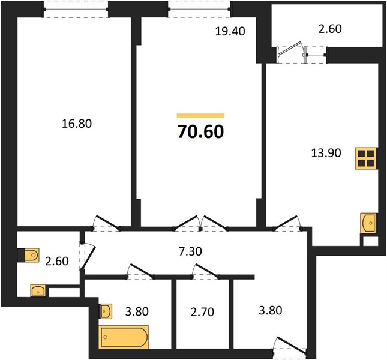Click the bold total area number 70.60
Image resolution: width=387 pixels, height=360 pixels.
click(x=200, y=131)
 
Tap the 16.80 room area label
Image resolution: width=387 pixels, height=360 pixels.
click(x=77, y=124)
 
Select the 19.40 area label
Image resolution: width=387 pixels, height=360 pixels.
click(x=230, y=31)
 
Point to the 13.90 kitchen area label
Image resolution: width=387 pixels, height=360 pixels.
click(x=326, y=153)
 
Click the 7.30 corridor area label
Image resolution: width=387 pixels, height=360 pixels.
click(x=190, y=251)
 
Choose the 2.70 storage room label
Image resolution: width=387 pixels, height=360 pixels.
click(x=202, y=312)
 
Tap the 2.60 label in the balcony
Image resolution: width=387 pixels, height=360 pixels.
click(x=330, y=29)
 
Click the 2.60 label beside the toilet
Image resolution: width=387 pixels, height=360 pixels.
click(x=57, y=261)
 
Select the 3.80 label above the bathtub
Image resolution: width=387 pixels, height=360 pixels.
click(x=137, y=311)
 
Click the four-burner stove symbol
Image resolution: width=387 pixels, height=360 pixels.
click(x=366, y=158)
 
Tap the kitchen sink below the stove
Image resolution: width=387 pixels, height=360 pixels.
click(x=368, y=223)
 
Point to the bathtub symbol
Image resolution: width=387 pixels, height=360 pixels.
click(x=124, y=337)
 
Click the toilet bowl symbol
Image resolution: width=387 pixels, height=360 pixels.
click(x=29, y=255)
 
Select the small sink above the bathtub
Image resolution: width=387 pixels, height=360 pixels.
click(x=106, y=311)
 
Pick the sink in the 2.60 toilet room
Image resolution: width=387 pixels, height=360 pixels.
click(x=38, y=290)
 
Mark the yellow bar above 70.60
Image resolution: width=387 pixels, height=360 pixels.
click(x=200, y=116)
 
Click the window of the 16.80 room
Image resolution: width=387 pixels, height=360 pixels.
click(x=76, y=10)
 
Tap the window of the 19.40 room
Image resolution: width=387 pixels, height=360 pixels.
click(x=199, y=10)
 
